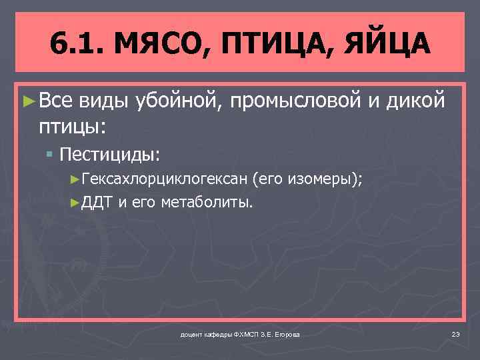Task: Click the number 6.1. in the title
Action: [75, 45]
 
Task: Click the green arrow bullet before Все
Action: [28, 101]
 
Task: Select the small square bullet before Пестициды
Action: [50, 155]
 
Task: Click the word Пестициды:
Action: [110, 155]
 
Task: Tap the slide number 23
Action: [456, 333]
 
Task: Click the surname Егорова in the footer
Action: [285, 333]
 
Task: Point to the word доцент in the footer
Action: [191, 333]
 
